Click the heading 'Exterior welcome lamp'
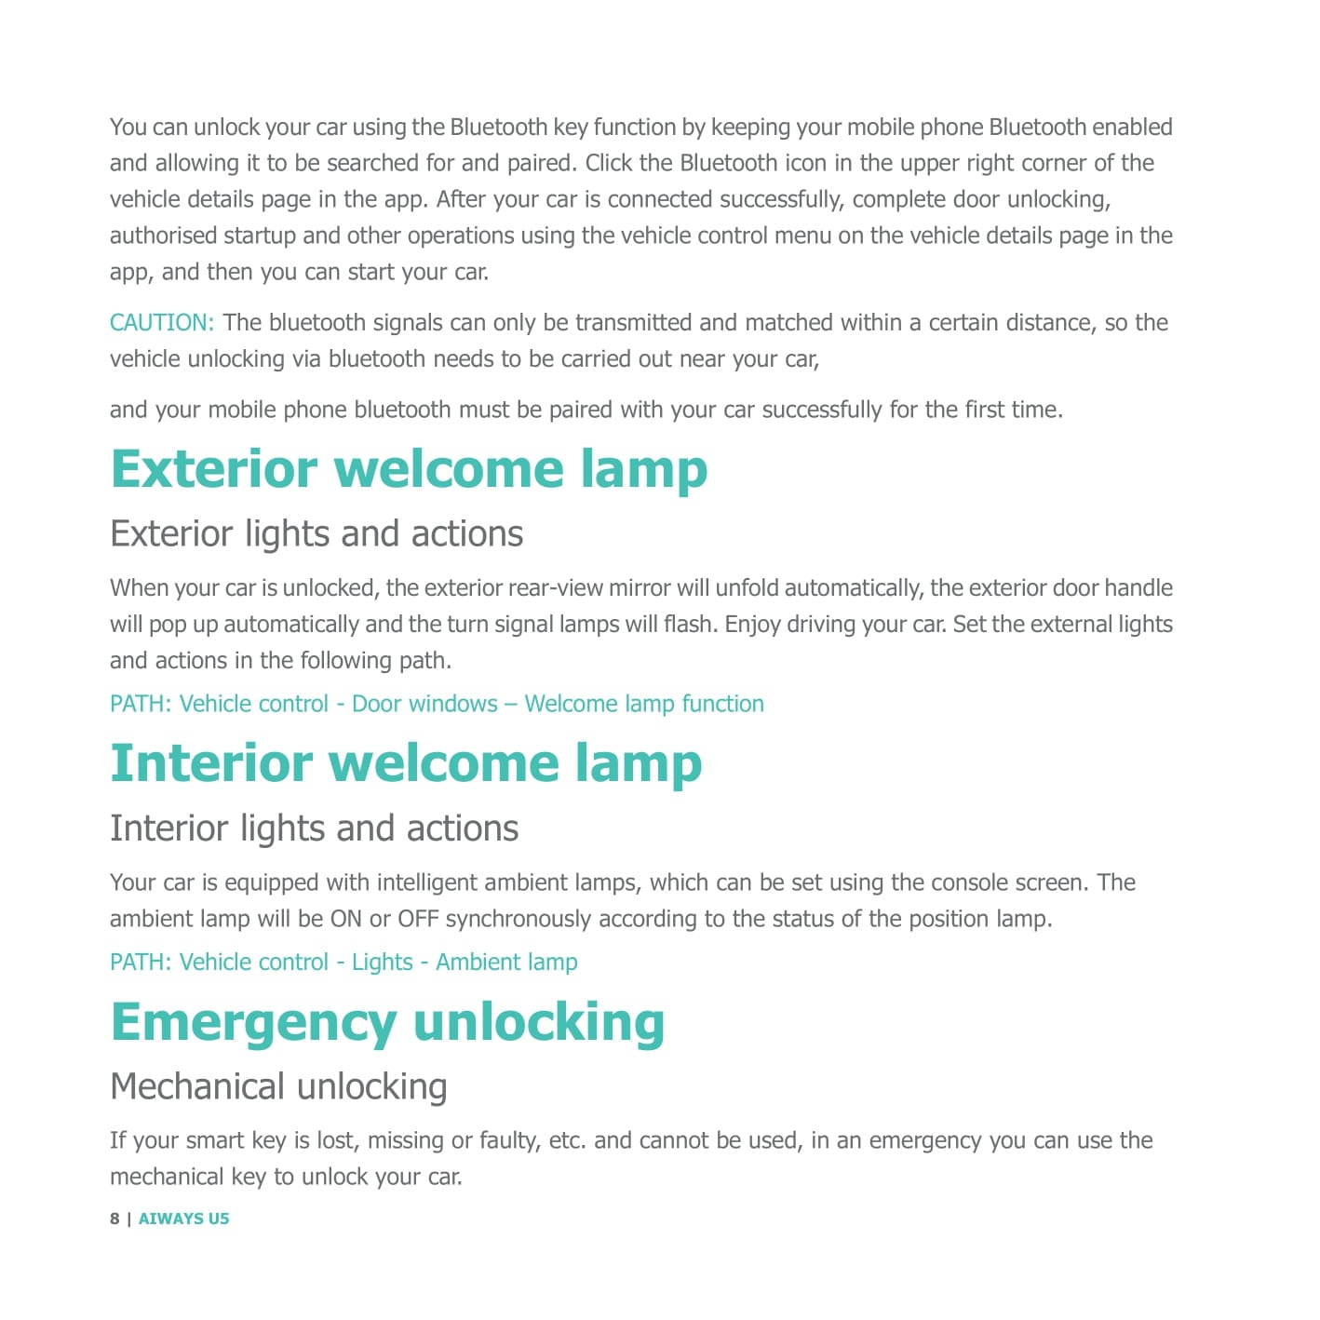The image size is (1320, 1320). [409, 469]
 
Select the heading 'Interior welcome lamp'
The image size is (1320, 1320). [406, 763]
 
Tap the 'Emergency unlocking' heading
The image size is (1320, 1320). [387, 1022]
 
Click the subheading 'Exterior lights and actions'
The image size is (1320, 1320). [317, 534]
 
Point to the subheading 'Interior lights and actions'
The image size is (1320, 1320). [314, 828]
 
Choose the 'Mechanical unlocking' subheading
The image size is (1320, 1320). [278, 1086]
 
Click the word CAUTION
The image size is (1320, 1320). [162, 323]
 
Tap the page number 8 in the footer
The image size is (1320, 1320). [114, 1219]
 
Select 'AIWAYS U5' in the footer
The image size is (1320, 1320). [183, 1219]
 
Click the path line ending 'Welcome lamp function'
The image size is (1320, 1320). [437, 704]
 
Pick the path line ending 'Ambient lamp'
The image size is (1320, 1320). [343, 963]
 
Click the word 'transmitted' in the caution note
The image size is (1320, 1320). [633, 323]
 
